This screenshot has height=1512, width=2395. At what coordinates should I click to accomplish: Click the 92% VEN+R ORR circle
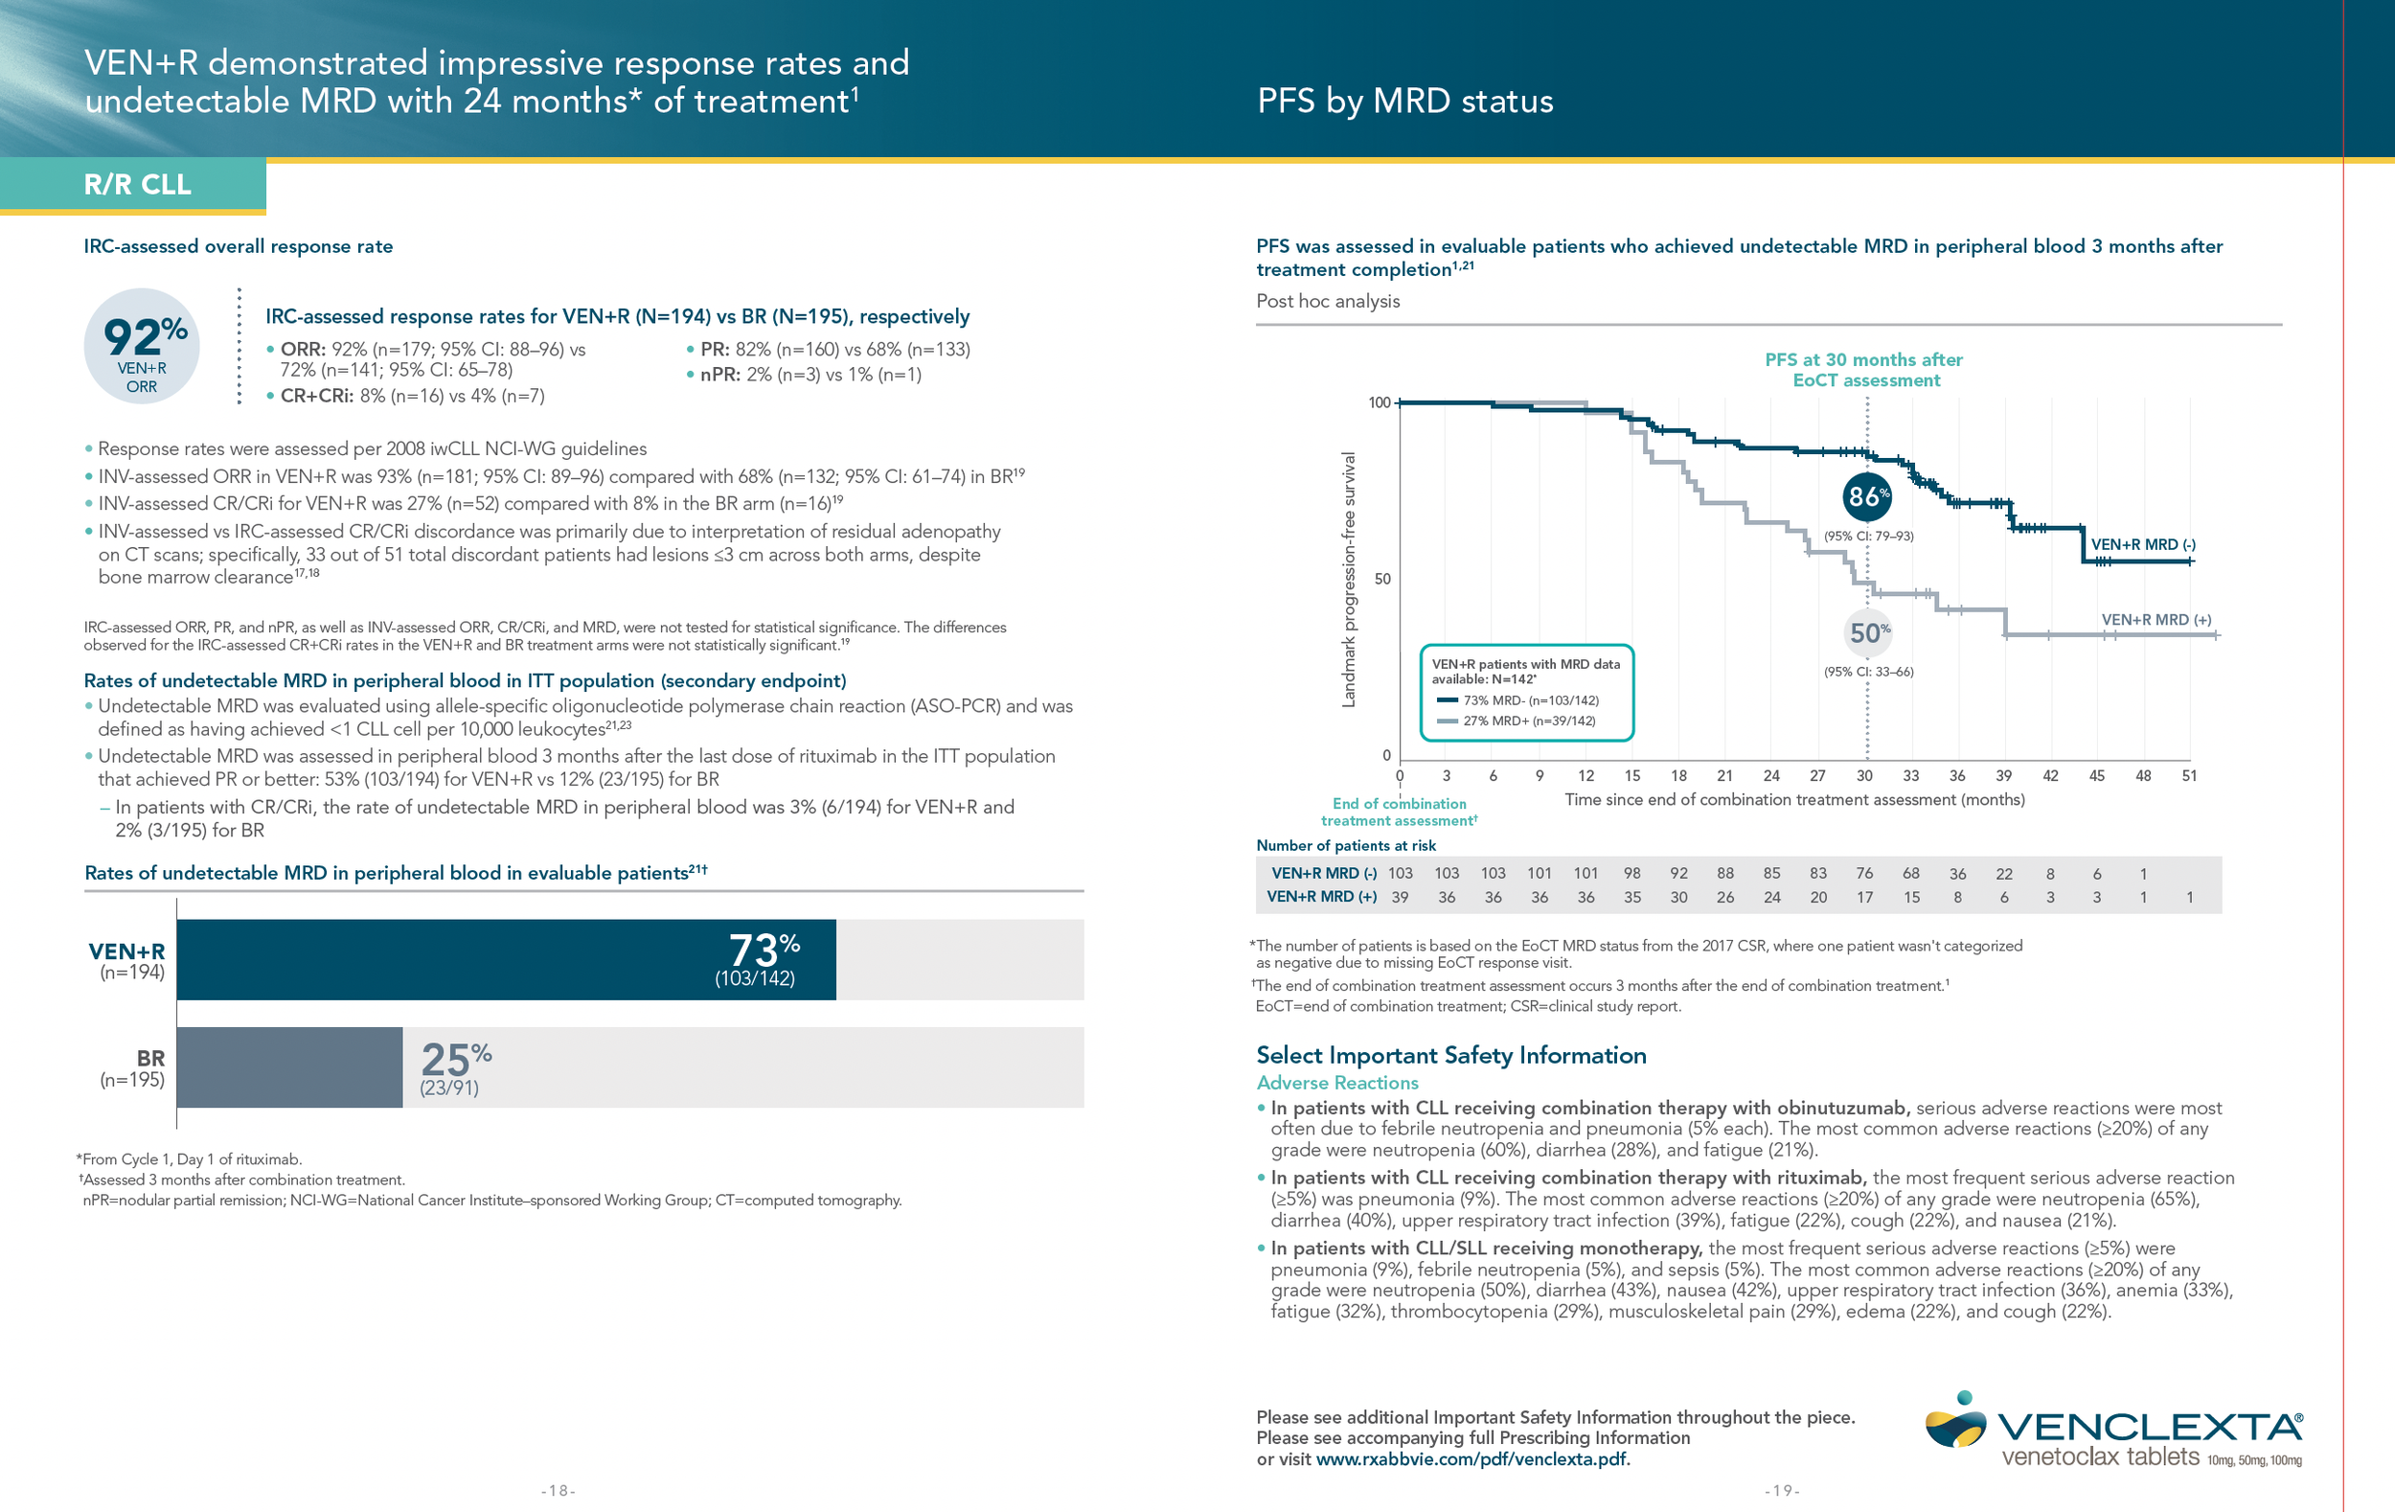pyautogui.click(x=142, y=346)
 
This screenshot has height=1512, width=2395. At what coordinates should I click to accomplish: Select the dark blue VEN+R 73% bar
pyautogui.click(x=505, y=959)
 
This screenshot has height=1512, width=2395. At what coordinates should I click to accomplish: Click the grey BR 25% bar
pyautogui.click(x=289, y=1067)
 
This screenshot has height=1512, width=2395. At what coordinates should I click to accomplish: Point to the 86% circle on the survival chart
pyautogui.click(x=1866, y=496)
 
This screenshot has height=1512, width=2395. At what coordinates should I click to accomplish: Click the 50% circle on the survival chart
pyautogui.click(x=1868, y=632)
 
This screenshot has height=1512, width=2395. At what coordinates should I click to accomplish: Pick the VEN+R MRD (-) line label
pyautogui.click(x=2142, y=545)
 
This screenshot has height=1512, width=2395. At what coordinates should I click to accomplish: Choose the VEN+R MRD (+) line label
pyautogui.click(x=2155, y=620)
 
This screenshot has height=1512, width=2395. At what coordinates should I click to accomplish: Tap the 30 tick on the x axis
pyautogui.click(x=1864, y=776)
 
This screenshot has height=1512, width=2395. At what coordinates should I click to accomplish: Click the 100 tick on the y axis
pyautogui.click(x=1379, y=402)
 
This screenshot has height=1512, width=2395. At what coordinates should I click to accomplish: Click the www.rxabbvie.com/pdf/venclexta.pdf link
pyautogui.click(x=1471, y=1459)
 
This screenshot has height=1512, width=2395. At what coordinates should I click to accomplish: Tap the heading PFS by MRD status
pyautogui.click(x=1404, y=102)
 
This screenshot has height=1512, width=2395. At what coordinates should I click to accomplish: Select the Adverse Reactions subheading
pyautogui.click(x=1336, y=1083)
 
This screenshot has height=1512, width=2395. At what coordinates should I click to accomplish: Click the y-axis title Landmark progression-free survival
pyautogui.click(x=1349, y=580)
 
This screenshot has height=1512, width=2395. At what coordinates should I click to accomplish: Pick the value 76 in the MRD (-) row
pyautogui.click(x=1864, y=874)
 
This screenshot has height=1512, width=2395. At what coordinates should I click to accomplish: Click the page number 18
pyautogui.click(x=558, y=1490)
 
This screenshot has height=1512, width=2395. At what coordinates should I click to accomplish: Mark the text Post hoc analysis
pyautogui.click(x=1328, y=302)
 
